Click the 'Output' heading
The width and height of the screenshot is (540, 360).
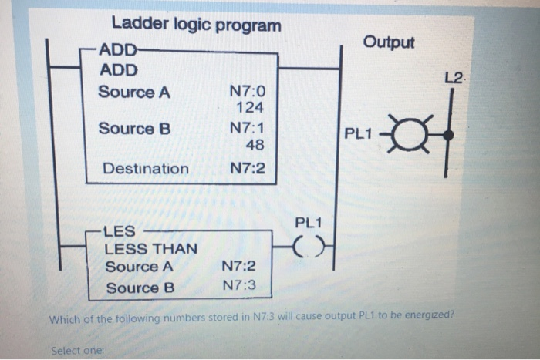point(389,42)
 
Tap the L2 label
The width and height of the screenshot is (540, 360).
point(454,79)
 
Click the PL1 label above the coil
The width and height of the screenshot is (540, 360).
point(308,224)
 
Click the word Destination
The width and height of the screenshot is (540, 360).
point(146,168)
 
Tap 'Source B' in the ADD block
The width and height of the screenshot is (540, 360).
point(133,129)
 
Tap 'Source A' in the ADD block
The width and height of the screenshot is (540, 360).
point(133,93)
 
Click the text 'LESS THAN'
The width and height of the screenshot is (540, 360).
point(150,249)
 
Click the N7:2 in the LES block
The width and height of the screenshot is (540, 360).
point(238,267)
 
